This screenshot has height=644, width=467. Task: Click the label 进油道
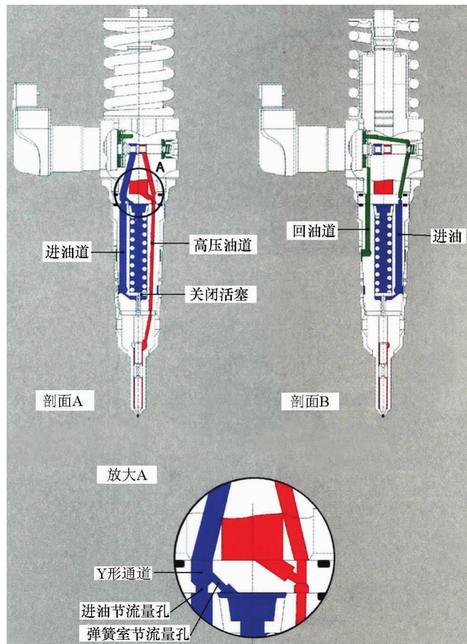point(67,251)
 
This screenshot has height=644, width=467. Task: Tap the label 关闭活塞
point(219,295)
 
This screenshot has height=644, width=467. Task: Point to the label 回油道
point(314,232)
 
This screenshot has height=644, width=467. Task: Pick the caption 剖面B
point(310,401)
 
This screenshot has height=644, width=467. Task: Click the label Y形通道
point(123,573)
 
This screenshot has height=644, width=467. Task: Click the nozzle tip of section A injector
point(138,414)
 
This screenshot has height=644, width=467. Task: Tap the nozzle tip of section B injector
point(383,414)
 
